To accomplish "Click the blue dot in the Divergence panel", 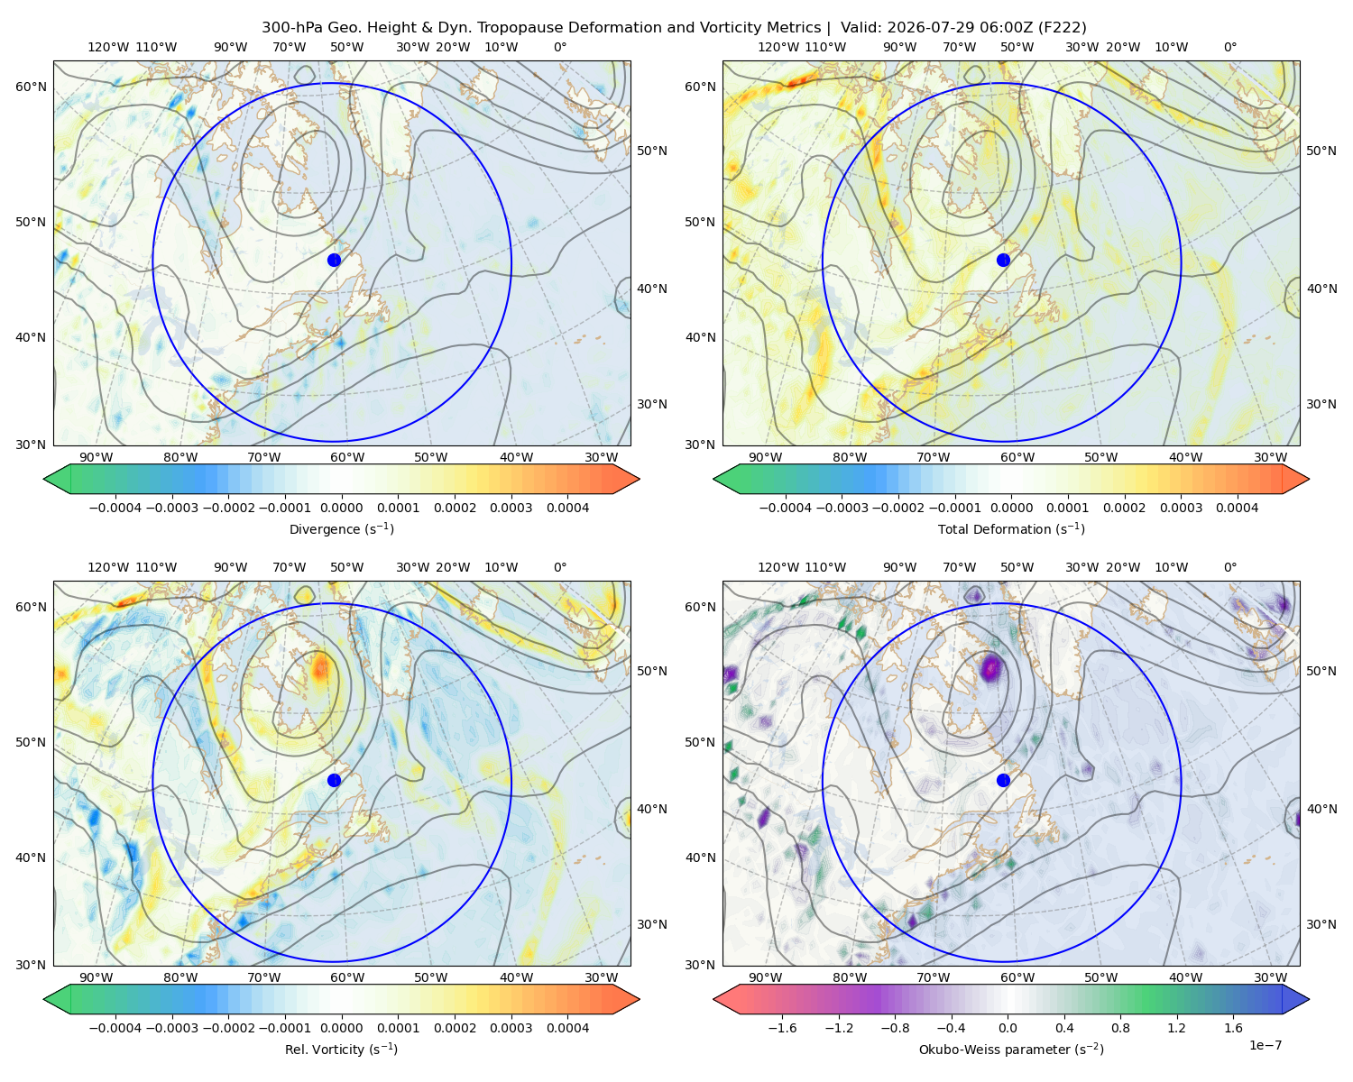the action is (x=334, y=260).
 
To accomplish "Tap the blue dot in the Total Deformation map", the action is (x=1003, y=260).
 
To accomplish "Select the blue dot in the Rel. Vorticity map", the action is (x=334, y=780).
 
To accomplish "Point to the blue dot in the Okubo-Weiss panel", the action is (x=1003, y=780).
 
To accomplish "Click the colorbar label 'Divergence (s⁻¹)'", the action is (x=341, y=529).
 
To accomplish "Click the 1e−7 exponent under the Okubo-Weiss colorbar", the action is (x=1265, y=1046).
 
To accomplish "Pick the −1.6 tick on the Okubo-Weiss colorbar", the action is (x=782, y=1028).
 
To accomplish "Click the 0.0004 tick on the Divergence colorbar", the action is (x=567, y=508).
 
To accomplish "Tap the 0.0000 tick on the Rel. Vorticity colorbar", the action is (x=341, y=1028).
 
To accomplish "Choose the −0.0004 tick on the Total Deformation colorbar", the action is (x=786, y=508).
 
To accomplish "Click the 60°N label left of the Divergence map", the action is (x=31, y=87).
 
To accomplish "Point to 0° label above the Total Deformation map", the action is (x=1229, y=47).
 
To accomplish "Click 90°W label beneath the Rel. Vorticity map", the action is (x=97, y=977).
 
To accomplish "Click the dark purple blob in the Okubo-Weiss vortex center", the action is (x=991, y=667).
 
